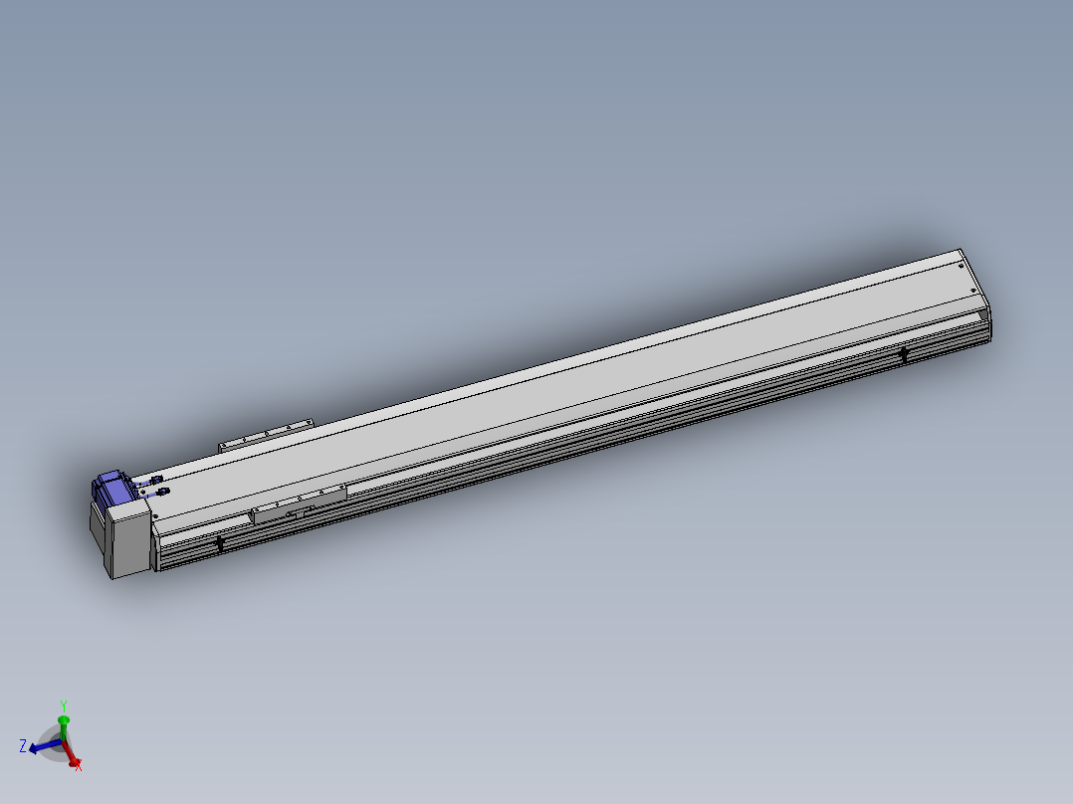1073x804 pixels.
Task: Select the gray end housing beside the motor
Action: click(127, 540)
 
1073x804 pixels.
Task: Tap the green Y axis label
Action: click(63, 705)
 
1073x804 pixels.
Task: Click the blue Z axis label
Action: click(22, 745)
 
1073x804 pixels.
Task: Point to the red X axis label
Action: click(78, 766)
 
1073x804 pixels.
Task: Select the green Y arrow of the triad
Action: click(63, 724)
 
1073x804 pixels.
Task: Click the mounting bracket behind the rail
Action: click(265, 435)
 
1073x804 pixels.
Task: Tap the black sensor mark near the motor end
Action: click(220, 542)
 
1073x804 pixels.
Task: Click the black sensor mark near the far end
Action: click(904, 353)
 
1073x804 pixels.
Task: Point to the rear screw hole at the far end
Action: click(960, 265)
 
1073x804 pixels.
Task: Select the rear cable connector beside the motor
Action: click(152, 481)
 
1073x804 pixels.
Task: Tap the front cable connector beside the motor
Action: click(159, 492)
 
